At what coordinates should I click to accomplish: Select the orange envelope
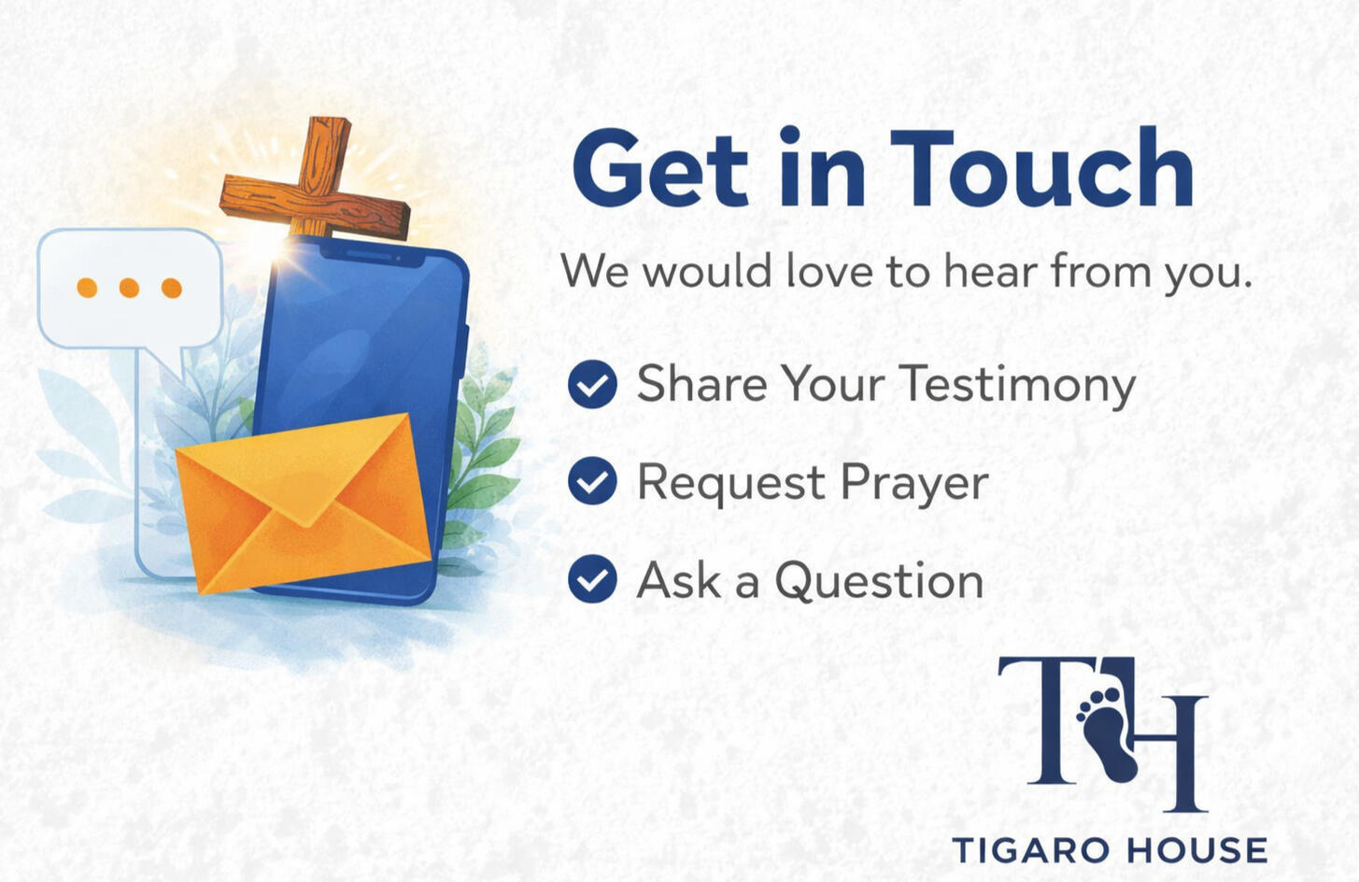304,500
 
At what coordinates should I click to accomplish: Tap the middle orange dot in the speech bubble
129,288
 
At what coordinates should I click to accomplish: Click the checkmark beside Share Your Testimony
592,384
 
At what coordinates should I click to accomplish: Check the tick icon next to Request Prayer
592,481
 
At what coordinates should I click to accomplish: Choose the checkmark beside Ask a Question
592,578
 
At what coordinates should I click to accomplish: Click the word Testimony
1017,385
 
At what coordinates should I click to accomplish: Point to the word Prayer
913,483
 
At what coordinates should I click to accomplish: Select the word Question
879,580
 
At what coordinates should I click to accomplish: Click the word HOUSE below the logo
1196,851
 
